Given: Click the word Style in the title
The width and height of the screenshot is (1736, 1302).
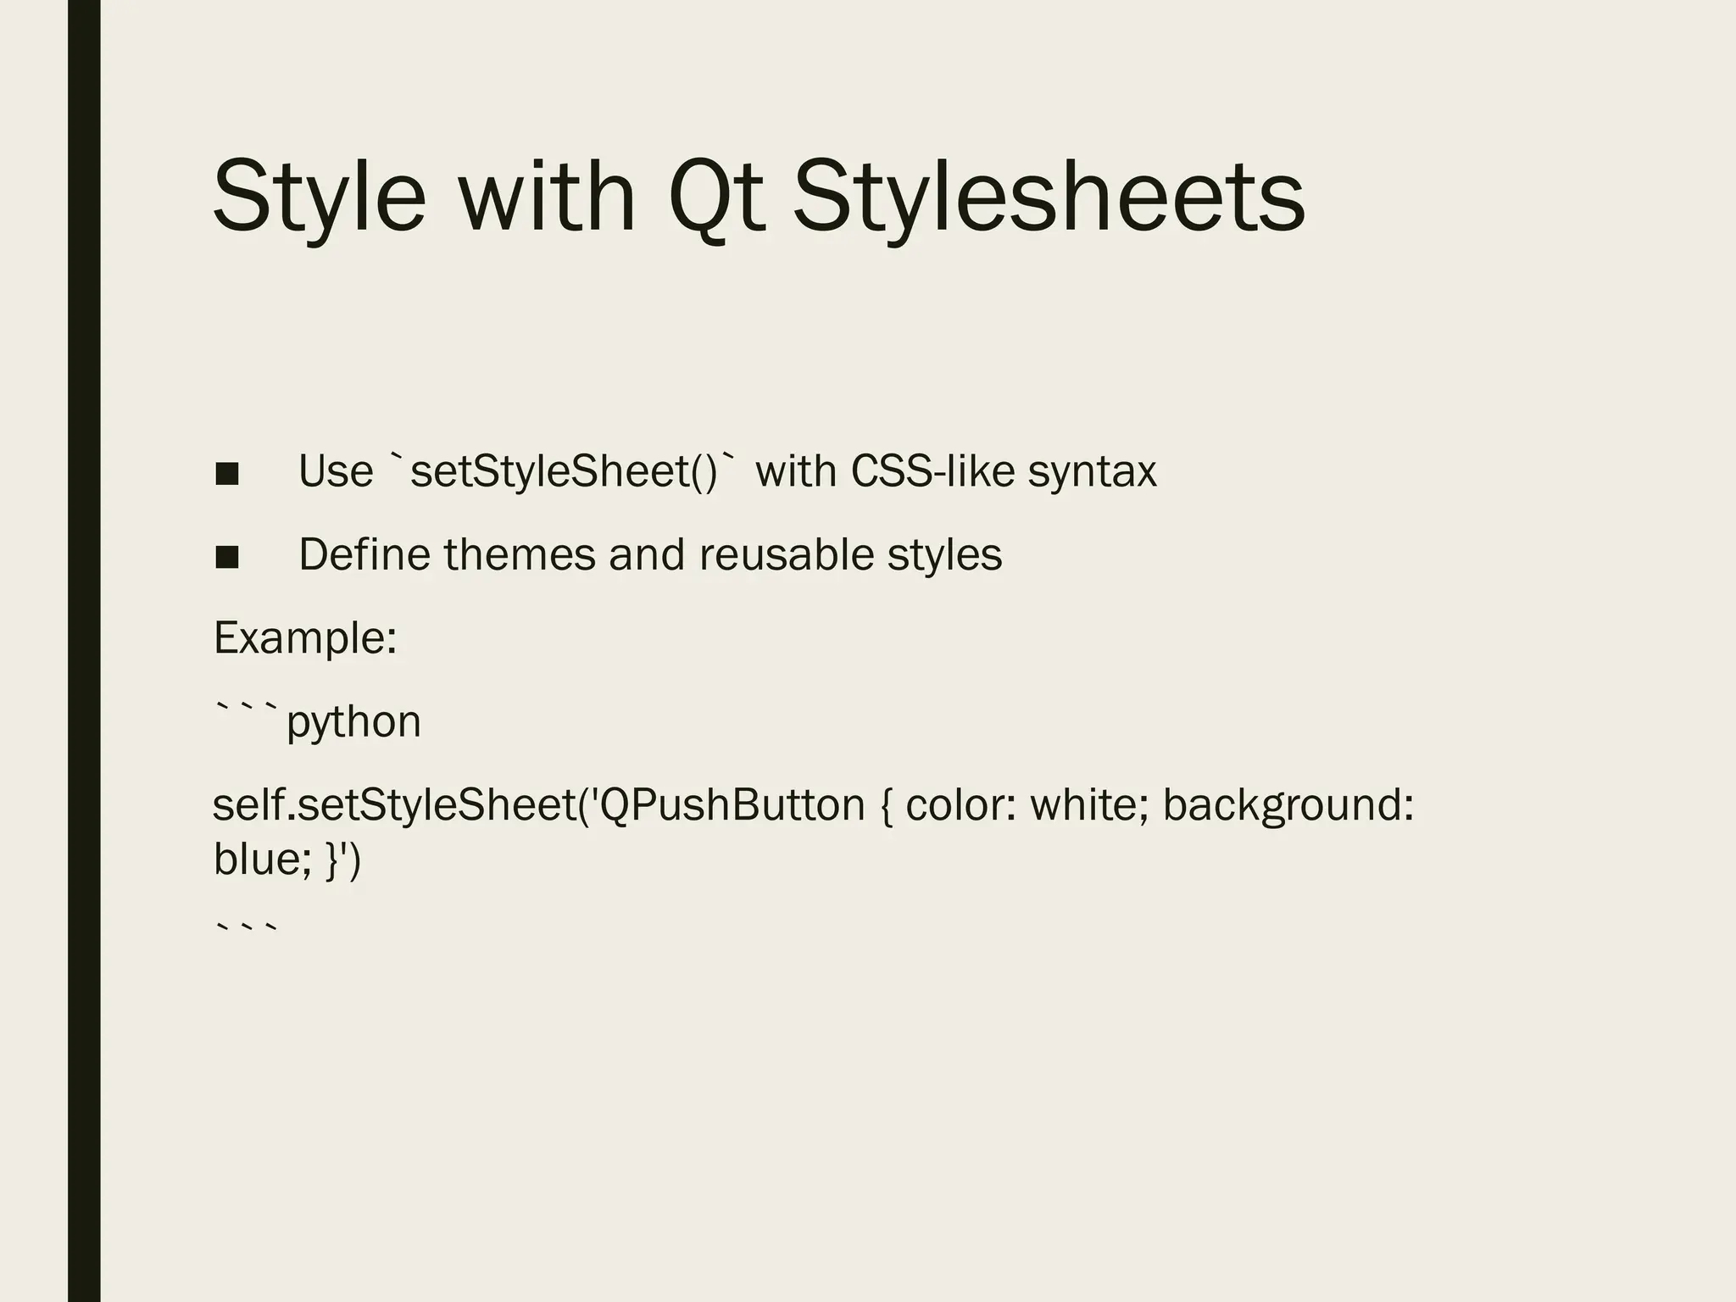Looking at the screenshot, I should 319,197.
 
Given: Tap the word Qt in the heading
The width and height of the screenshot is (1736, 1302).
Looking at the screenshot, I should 717,197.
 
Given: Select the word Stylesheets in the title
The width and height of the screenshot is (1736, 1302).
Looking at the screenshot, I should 1048,197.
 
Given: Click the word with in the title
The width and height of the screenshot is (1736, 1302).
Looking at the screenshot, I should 547,197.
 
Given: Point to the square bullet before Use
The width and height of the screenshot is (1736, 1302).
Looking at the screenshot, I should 227,473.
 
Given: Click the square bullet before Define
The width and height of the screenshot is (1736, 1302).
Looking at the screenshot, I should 227,557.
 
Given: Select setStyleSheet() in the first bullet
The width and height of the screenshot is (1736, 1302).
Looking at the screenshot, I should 564,471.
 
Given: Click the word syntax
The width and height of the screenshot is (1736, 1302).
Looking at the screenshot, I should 1092,471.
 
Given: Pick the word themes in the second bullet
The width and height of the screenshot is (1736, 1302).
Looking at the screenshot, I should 520,554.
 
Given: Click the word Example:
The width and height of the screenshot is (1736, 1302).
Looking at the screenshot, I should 305,638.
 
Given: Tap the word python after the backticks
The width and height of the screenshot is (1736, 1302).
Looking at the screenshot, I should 353,722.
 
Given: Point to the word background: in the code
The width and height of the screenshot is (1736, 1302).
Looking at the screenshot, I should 1288,804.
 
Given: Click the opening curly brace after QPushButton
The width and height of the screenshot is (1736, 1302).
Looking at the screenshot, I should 886,804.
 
